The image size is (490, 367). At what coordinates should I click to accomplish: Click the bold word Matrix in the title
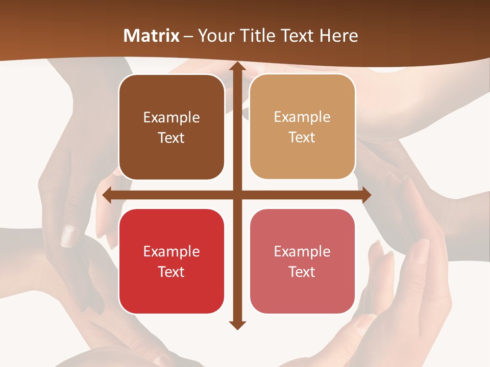point(152,36)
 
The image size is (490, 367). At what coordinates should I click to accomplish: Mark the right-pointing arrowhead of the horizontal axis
point(366,195)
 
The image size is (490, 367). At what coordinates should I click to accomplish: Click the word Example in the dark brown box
point(171,118)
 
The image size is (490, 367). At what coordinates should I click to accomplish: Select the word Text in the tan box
point(302,138)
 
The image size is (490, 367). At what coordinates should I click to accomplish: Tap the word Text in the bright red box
point(171,272)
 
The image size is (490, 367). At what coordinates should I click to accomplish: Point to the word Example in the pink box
point(302,251)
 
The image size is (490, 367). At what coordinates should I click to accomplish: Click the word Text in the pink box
point(302,272)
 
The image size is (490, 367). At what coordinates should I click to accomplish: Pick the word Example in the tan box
point(302,117)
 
